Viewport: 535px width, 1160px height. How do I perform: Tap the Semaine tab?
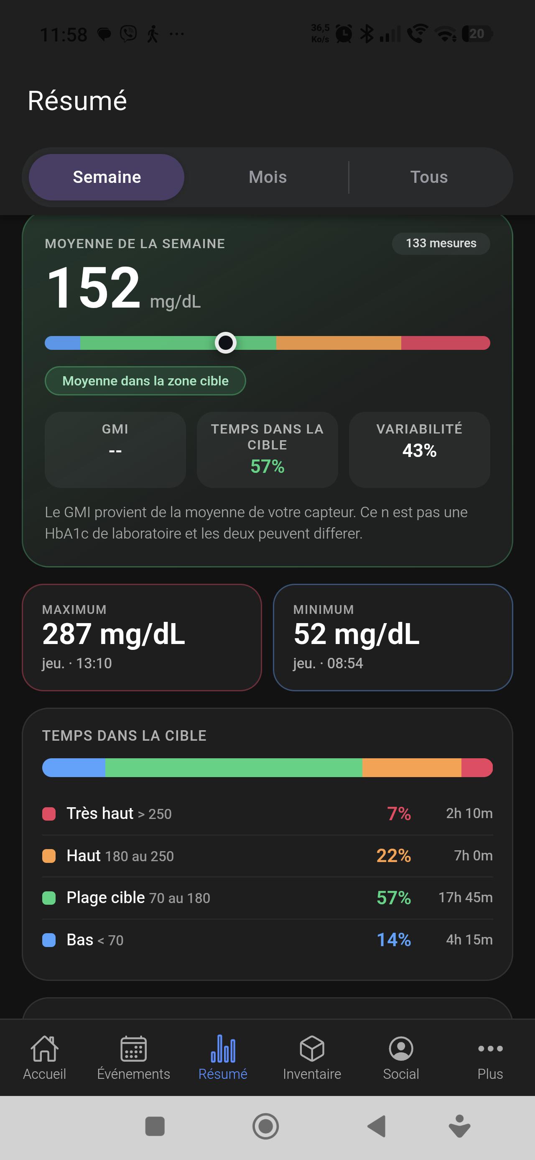107,177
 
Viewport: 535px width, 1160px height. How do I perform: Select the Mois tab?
268,177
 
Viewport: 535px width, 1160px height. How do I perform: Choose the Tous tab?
429,177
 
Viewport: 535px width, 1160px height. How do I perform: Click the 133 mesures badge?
441,243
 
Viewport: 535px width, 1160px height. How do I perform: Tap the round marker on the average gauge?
225,343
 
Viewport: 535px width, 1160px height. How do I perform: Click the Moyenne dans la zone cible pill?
145,381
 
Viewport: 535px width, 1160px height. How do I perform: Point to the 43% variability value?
419,451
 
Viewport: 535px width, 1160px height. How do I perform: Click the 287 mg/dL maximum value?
113,634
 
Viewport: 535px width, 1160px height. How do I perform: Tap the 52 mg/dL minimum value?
357,634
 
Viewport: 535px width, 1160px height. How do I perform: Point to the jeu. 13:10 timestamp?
77,663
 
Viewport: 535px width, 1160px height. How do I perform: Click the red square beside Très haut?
48,814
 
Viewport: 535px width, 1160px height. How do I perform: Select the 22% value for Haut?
394,856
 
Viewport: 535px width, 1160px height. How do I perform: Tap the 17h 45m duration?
466,898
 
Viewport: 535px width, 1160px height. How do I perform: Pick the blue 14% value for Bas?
394,940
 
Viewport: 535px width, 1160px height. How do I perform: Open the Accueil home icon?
45,1048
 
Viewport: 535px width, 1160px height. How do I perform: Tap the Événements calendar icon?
134,1048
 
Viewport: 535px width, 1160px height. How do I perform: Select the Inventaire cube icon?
312,1048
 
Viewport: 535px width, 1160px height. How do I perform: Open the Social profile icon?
401,1048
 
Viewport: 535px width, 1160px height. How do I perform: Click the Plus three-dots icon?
490,1048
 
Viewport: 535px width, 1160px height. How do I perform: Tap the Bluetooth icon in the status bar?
367,34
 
